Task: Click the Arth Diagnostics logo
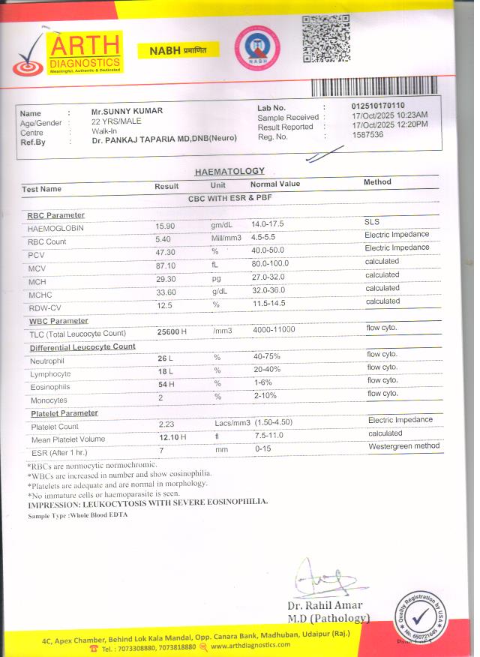point(67,52)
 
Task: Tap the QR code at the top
point(325,38)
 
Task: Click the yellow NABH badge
point(178,50)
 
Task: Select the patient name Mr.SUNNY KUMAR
point(127,111)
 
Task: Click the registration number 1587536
point(367,135)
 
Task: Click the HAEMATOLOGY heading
point(229,172)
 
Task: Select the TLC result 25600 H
point(172,332)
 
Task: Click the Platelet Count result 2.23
point(166,425)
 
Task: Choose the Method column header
point(377,182)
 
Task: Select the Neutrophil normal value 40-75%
point(268,357)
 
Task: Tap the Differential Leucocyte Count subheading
point(82,347)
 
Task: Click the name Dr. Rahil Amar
point(325,605)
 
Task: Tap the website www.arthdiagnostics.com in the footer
point(253,646)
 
